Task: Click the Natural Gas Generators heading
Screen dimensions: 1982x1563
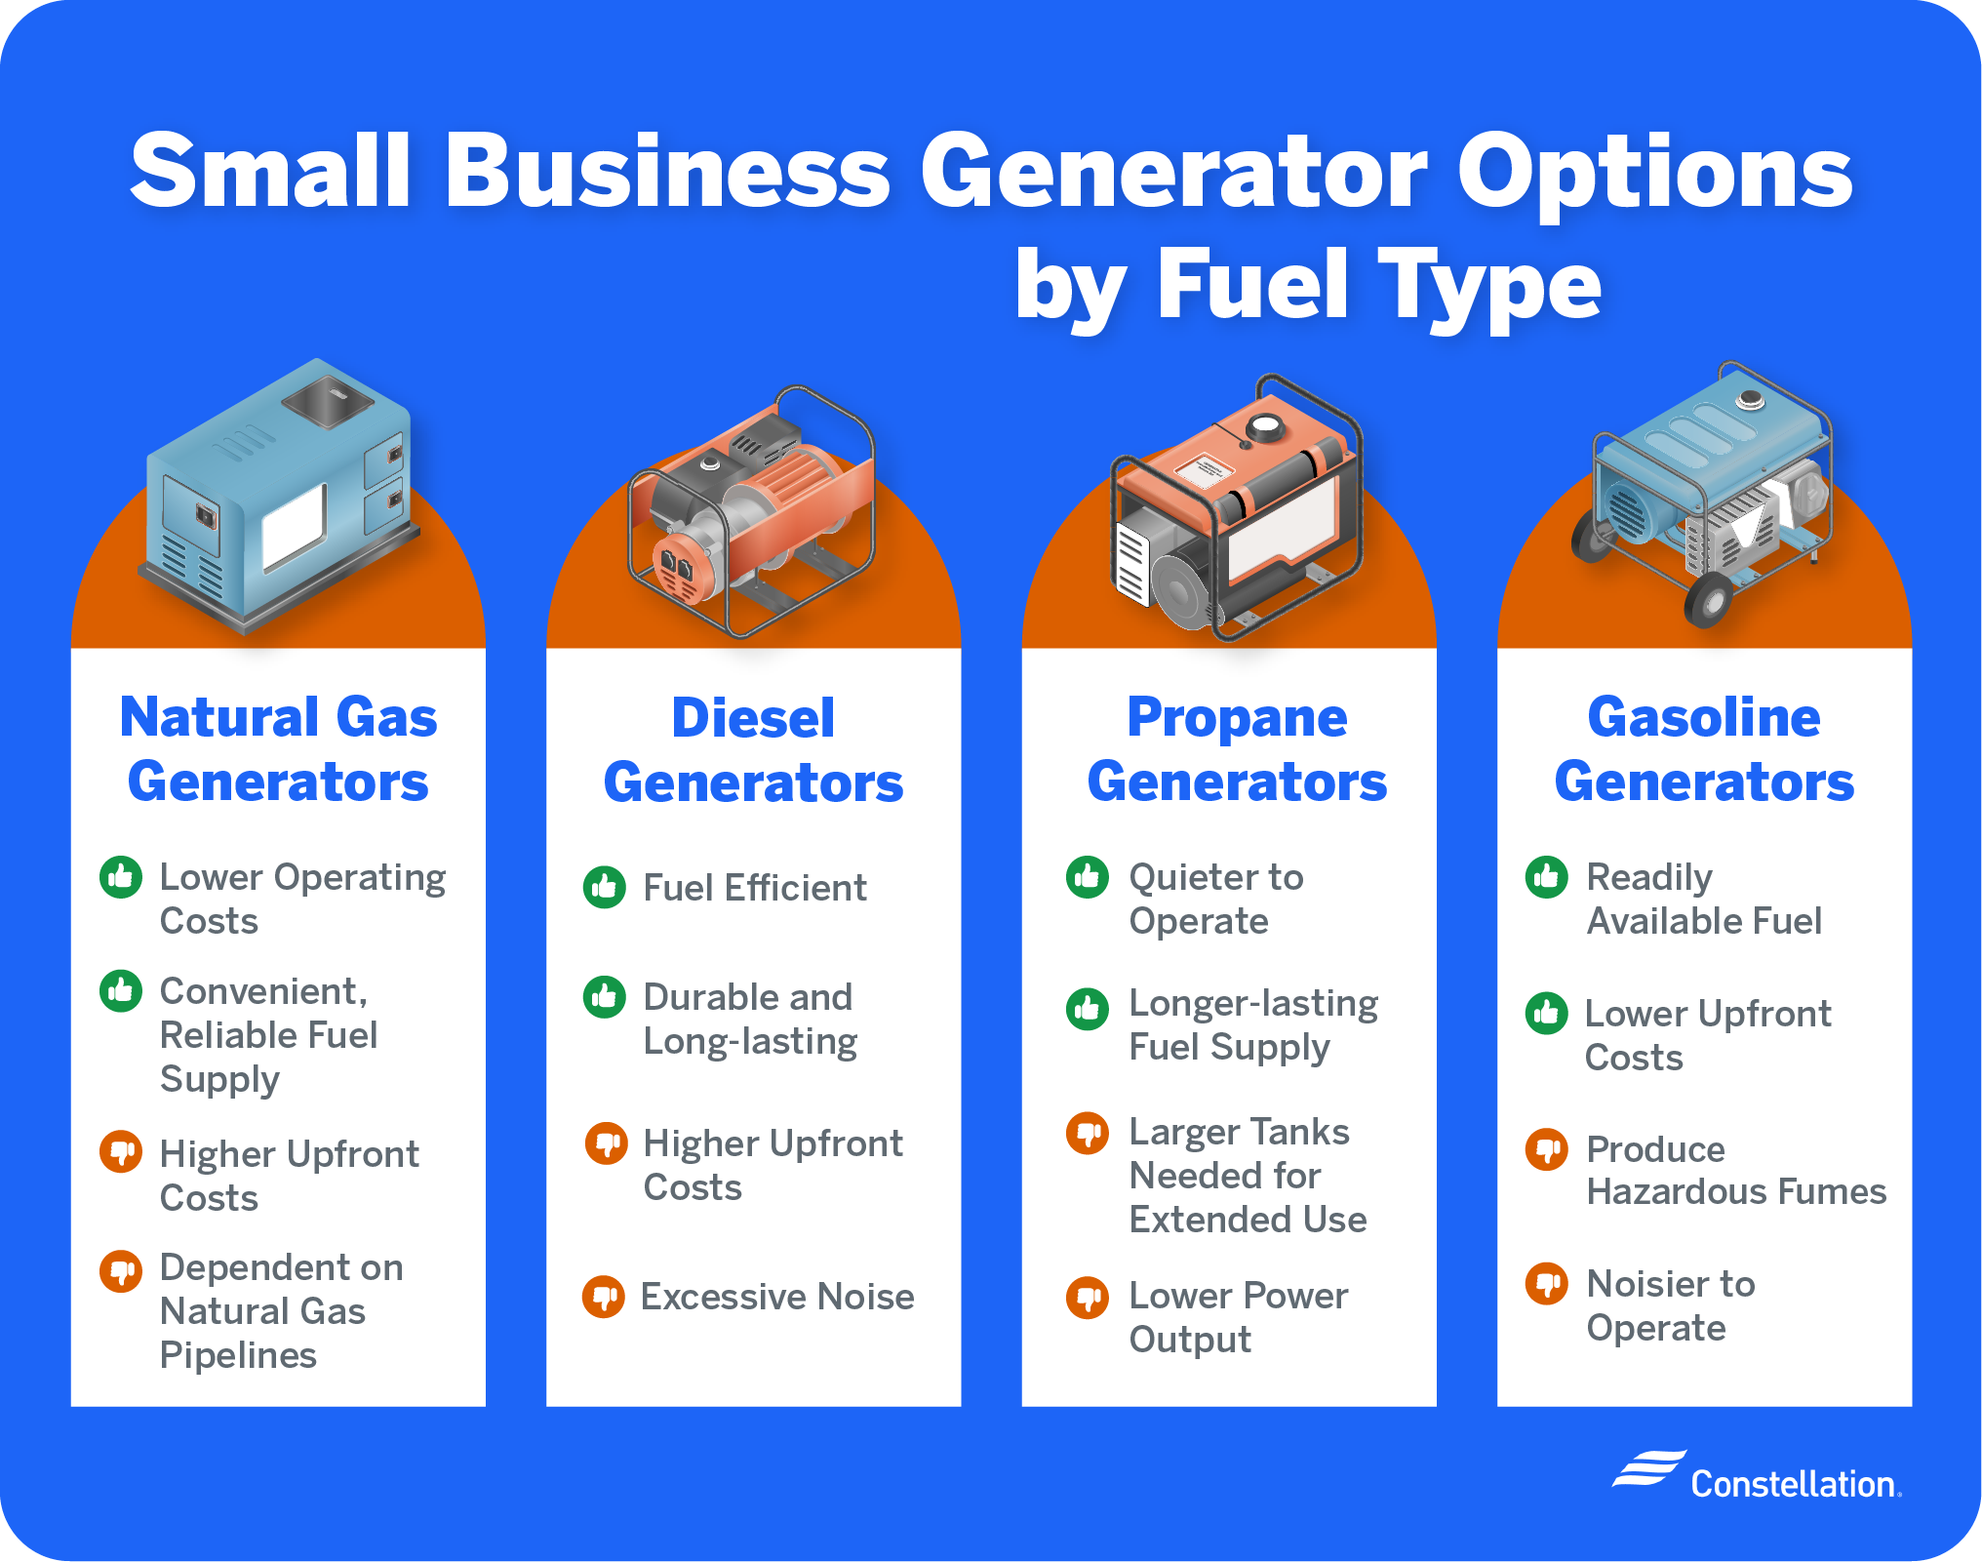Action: (278, 749)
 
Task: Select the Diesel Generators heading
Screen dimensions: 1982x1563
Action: (753, 749)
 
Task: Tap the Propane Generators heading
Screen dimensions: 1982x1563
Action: (1237, 749)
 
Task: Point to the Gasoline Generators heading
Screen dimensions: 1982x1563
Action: (1704, 749)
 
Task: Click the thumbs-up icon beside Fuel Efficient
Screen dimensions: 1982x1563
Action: (605, 887)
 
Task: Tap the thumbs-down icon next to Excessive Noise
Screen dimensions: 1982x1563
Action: (604, 1297)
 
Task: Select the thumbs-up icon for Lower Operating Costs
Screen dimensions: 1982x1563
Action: (121, 877)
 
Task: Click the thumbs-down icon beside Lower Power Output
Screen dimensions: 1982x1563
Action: (1088, 1298)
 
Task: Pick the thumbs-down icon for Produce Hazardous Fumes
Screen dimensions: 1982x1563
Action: (1547, 1149)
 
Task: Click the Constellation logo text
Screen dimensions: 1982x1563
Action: (1795, 1484)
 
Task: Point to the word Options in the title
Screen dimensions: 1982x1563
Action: (1654, 171)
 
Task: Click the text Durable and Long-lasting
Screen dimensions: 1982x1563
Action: (750, 1019)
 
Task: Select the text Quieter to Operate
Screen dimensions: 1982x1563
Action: (1215, 899)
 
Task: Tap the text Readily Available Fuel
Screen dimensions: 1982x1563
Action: (1704, 899)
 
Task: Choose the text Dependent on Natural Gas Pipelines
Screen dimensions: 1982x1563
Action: (281, 1310)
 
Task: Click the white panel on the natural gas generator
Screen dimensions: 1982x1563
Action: (294, 526)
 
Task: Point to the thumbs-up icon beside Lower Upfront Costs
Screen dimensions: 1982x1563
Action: (1547, 1014)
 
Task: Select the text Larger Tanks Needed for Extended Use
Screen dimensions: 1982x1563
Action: (1248, 1176)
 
